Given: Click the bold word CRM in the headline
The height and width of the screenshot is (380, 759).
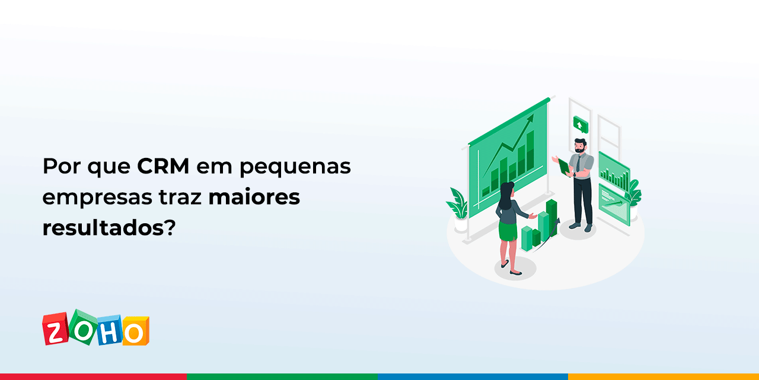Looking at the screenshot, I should pyautogui.click(x=163, y=167).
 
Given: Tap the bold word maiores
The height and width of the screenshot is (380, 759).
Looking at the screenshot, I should pyautogui.click(x=254, y=197).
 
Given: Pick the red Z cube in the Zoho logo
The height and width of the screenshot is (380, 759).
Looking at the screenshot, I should pyautogui.click(x=56, y=330).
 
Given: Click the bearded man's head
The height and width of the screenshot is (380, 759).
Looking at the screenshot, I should pyautogui.click(x=580, y=145).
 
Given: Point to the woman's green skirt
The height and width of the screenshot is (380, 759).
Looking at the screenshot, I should pyautogui.click(x=508, y=230).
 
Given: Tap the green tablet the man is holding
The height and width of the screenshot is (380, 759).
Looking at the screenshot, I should pyautogui.click(x=564, y=167).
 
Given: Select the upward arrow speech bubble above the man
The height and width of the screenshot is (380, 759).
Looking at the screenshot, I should pyautogui.click(x=579, y=124).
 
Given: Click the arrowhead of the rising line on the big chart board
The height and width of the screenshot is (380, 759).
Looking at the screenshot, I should pyautogui.click(x=530, y=118).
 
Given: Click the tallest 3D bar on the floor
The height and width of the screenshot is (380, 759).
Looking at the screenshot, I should pyautogui.click(x=551, y=217).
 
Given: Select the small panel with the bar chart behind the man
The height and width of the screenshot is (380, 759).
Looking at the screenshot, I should pyautogui.click(x=614, y=172).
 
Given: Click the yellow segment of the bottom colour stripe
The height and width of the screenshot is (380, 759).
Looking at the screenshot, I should pyautogui.click(x=663, y=376).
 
